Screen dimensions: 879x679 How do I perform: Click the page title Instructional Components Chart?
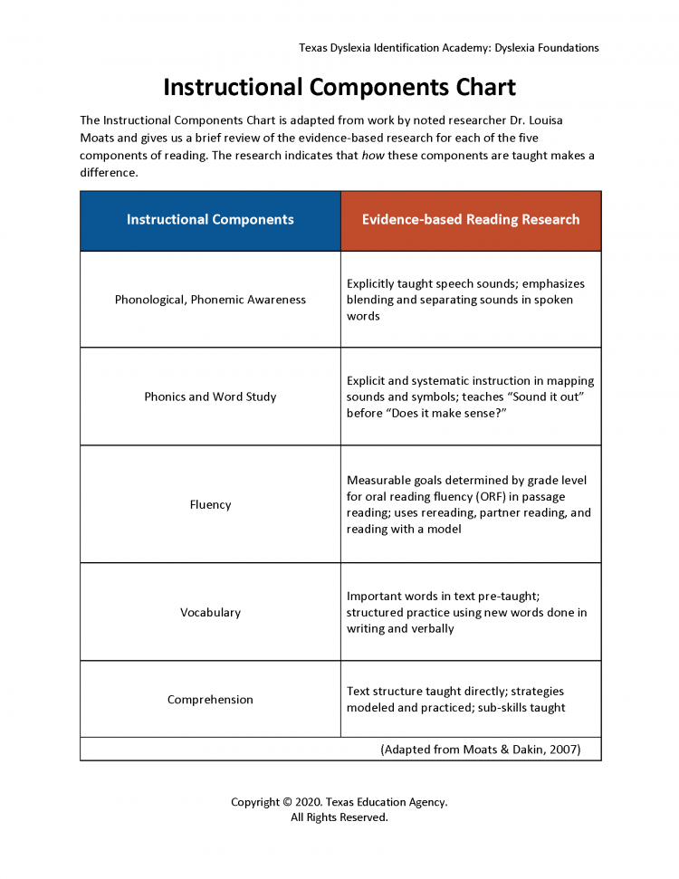click(339, 88)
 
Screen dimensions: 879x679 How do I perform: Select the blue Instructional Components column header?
click(210, 220)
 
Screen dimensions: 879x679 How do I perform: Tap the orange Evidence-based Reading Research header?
click(471, 220)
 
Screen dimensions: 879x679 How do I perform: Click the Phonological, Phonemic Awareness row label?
click(210, 300)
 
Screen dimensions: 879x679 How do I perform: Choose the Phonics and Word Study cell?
click(210, 397)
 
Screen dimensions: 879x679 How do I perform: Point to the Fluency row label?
click(210, 504)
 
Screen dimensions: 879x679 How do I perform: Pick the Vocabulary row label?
click(210, 612)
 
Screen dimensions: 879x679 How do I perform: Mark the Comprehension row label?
click(210, 700)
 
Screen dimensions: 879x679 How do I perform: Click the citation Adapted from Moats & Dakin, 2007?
click(480, 750)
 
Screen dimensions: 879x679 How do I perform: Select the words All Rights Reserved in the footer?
click(339, 817)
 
